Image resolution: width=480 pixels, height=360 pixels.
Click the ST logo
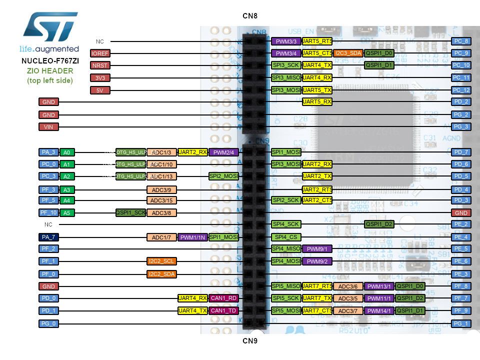tap(49, 28)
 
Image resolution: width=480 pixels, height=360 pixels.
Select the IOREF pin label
tap(100, 53)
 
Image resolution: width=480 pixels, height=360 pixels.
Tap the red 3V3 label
tap(100, 78)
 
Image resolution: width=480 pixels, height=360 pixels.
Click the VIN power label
tap(48, 127)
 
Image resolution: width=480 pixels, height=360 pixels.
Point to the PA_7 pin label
tap(48, 237)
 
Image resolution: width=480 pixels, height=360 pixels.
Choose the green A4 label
tap(66, 200)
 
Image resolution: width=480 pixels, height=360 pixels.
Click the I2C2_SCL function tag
tap(161, 261)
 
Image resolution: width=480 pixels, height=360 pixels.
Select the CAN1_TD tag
tap(223, 310)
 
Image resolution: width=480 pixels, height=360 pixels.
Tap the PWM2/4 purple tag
tap(223, 152)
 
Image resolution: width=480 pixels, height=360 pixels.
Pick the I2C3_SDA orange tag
tap(348, 53)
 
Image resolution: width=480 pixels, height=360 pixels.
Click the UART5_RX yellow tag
tap(317, 102)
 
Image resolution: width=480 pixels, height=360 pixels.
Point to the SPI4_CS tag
tap(285, 237)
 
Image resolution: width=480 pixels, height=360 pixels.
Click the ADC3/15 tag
tap(161, 200)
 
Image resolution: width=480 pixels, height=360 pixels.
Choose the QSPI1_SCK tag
tap(131, 212)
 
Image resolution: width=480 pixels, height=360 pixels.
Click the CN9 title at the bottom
tap(250, 341)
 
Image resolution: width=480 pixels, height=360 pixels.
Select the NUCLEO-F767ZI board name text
tap(50, 61)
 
